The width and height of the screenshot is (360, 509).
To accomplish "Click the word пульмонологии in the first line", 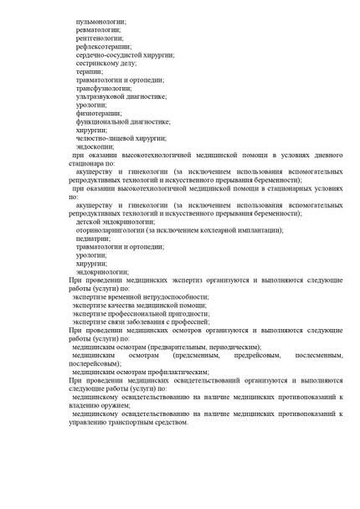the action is [x=100, y=19].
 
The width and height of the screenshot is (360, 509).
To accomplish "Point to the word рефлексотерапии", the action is [x=103, y=46].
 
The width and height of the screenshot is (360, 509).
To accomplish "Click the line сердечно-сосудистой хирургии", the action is [x=124, y=54].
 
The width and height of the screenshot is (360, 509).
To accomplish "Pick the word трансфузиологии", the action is [x=103, y=88].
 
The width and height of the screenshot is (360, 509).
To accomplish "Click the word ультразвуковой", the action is [x=103, y=96].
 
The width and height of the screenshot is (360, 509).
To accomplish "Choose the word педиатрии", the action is [x=92, y=238].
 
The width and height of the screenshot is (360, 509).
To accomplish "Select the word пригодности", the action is [x=186, y=312].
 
